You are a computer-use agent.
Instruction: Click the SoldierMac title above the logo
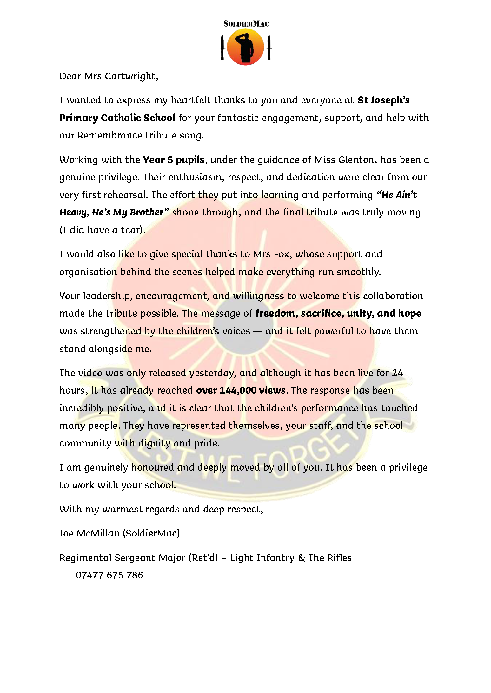[246, 24]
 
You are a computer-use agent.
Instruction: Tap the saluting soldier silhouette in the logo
[246, 48]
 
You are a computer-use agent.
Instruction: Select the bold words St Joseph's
[383, 100]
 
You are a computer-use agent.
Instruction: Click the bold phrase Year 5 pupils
[174, 159]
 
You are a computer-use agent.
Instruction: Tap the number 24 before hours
[397, 373]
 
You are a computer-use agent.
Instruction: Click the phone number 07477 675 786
[109, 575]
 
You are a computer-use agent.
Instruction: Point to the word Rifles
[340, 558]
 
